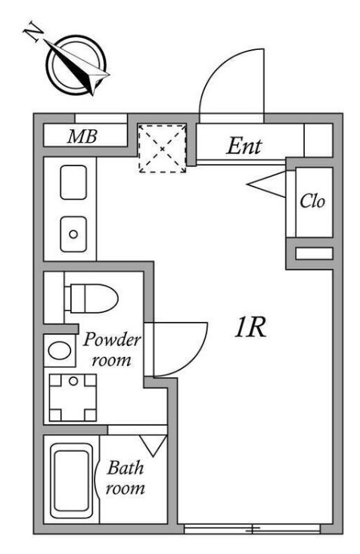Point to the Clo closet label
click(313, 203)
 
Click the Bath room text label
click(125, 478)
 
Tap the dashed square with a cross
click(162, 147)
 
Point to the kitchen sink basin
click(73, 184)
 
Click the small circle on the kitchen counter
click(73, 234)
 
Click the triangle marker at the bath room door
click(154, 445)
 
